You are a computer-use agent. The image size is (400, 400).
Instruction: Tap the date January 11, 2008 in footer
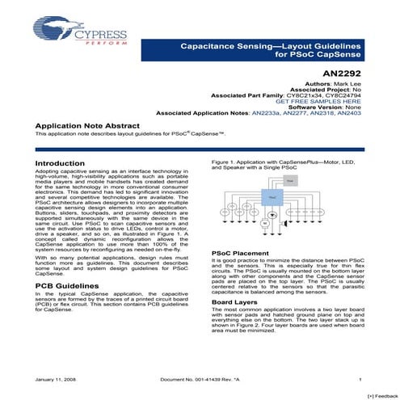[56, 379]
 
